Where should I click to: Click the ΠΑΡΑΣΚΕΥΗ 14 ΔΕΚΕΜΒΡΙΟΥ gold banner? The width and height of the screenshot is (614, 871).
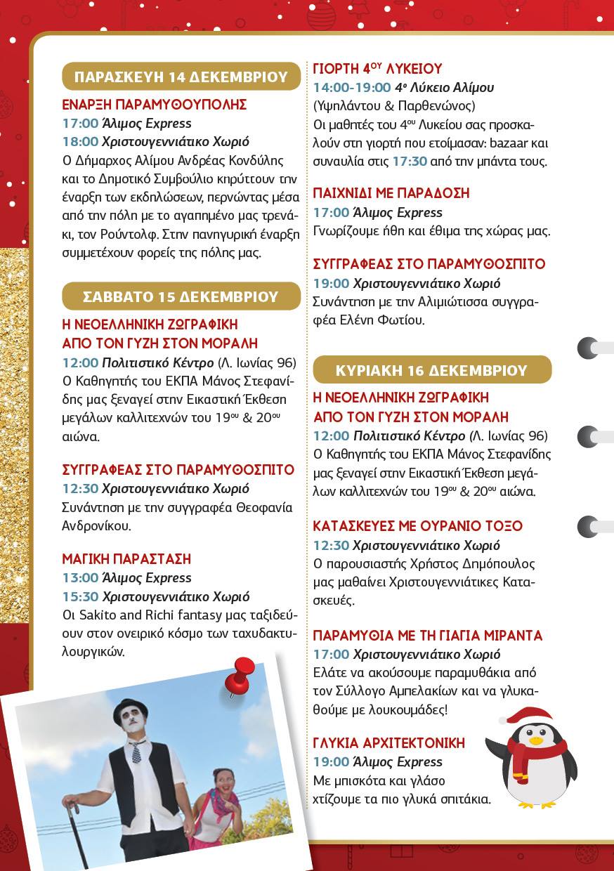pos(181,77)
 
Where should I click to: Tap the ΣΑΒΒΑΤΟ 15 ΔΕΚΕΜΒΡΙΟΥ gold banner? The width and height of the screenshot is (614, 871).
pos(181,296)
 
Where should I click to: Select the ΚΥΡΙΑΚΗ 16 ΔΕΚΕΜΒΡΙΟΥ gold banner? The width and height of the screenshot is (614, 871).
pos(431,370)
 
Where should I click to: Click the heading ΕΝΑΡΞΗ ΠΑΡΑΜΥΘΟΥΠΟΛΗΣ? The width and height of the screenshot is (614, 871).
pos(155,105)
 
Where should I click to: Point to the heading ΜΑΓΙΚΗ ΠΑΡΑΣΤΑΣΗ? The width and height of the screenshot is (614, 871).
pos(126,559)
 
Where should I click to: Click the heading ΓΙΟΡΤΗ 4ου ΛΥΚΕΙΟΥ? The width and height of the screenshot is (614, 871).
pos(377,69)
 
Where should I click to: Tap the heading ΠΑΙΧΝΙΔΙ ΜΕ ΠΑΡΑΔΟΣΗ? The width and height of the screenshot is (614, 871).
pos(391,193)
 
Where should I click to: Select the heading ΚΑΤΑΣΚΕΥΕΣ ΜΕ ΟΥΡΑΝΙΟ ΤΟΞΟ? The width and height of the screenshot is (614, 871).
pos(417,526)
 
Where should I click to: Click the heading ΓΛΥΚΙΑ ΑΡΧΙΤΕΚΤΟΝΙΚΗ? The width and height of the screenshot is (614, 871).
pos(388,743)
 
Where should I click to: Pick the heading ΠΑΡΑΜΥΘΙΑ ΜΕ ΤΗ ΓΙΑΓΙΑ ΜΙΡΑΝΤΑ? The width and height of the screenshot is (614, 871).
pos(427,636)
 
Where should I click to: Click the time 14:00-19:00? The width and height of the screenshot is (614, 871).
pos(351,88)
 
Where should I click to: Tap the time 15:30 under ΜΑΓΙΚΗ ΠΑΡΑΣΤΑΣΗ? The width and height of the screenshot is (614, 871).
pos(80,597)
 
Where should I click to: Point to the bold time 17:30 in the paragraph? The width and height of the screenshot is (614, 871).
pos(410,161)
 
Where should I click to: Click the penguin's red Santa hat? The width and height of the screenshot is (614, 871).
pos(527,716)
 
